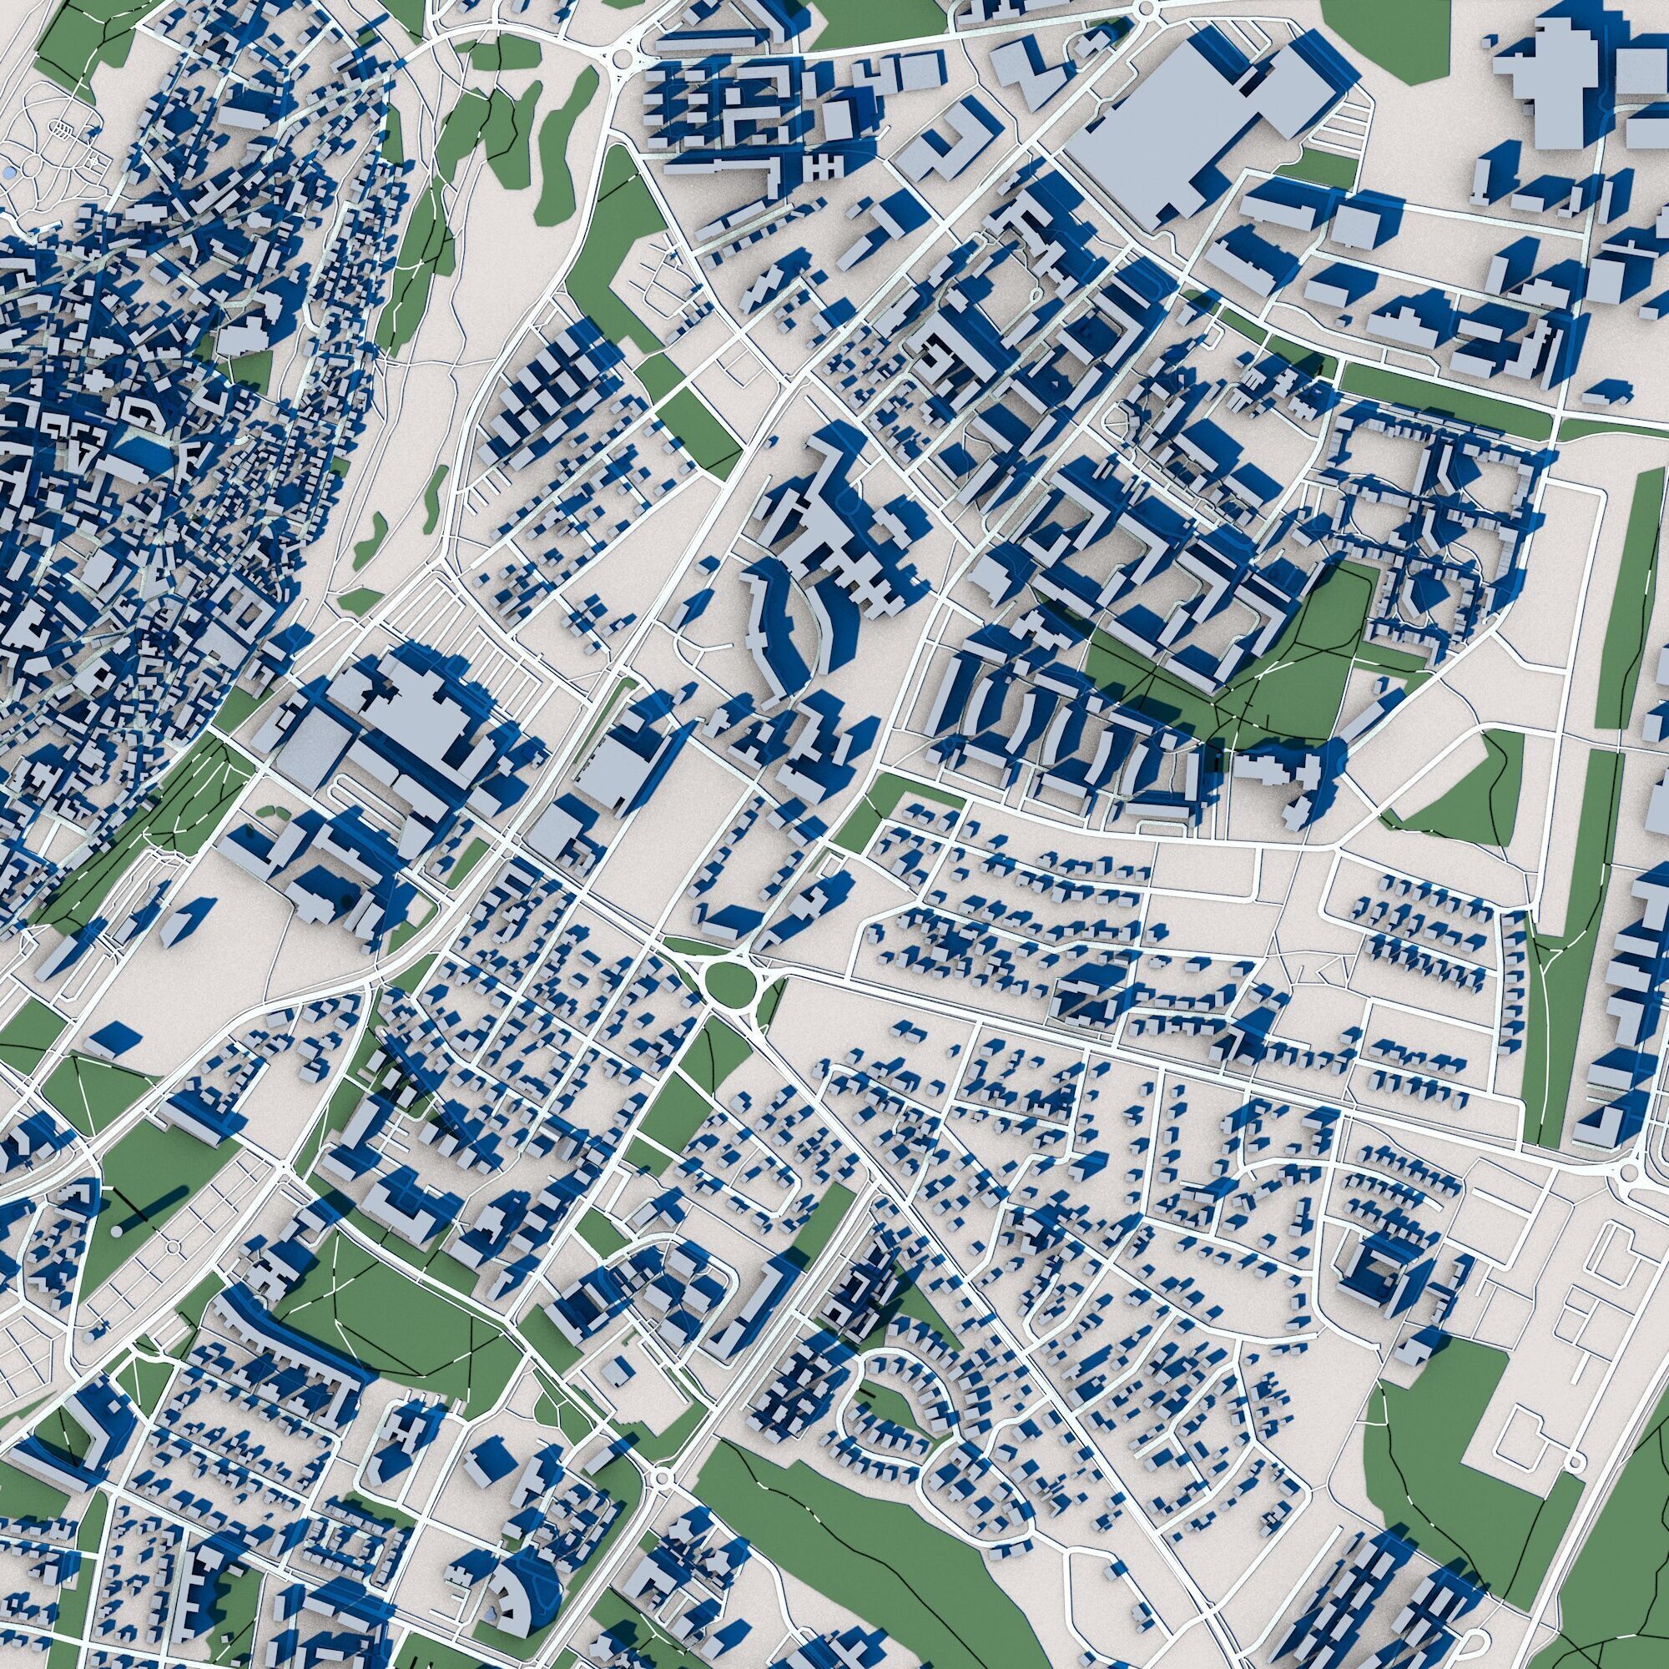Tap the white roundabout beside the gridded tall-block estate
[621, 58]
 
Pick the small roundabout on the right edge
[1629, 1172]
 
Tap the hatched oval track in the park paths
[63, 130]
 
